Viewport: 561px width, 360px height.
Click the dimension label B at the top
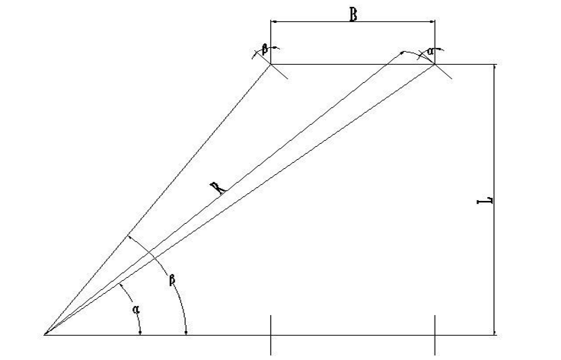click(x=353, y=14)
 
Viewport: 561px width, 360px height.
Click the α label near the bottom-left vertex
click(x=136, y=310)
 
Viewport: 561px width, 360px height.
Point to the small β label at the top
click(x=264, y=48)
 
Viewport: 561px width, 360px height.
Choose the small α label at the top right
click(x=430, y=50)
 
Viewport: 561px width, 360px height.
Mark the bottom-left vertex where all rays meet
click(x=45, y=334)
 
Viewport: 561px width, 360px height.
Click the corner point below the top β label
click(x=271, y=65)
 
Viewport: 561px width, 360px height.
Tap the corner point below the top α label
click(x=435, y=65)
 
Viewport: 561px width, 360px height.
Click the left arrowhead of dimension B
click(x=273, y=22)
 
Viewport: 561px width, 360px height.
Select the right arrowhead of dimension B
click(x=432, y=22)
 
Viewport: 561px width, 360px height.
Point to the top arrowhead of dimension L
click(x=496, y=68)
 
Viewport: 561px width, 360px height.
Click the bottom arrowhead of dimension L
click(x=496, y=331)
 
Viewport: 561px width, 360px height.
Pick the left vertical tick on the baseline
click(x=271, y=335)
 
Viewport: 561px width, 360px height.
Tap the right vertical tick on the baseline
click(x=435, y=335)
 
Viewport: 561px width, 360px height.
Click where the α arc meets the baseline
click(x=141, y=333)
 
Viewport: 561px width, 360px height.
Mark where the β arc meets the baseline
click(x=186, y=333)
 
